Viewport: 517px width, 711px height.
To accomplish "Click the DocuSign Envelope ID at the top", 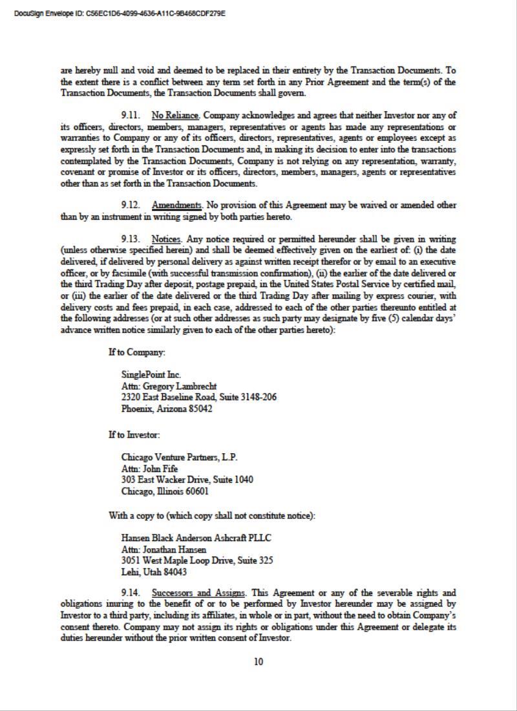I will pos(120,13).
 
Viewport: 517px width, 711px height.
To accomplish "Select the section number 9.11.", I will pos(131,116).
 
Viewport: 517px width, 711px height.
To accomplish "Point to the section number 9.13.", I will pos(131,239).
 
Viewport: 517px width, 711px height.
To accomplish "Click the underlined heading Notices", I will pos(166,239).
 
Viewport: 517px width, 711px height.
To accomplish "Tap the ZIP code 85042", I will pos(200,409).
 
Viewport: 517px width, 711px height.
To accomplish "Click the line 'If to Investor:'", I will pos(134,435).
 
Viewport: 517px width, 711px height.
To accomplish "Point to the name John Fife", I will pos(160,469).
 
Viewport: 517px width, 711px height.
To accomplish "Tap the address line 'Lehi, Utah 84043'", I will pos(154,572).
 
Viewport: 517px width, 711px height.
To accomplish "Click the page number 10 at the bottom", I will pos(258,661).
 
